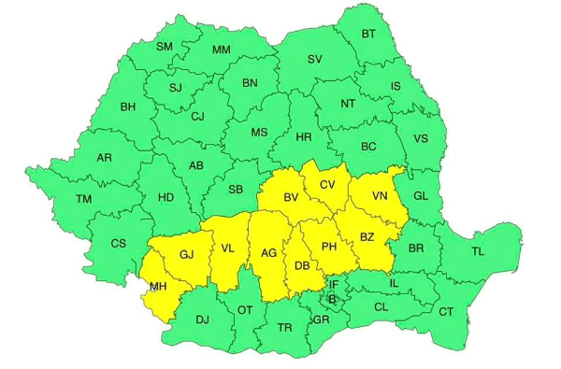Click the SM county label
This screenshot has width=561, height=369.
pyautogui.click(x=165, y=47)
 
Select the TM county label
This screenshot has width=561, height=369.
pyautogui.click(x=84, y=199)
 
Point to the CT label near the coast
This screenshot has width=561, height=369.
pyautogui.click(x=446, y=311)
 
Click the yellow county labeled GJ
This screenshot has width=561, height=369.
pyautogui.click(x=186, y=254)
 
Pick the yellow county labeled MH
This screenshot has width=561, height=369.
pyautogui.click(x=158, y=288)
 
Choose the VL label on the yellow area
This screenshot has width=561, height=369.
pyautogui.click(x=228, y=248)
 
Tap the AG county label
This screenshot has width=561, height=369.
pyautogui.click(x=268, y=253)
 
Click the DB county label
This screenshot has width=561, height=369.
pyautogui.click(x=302, y=266)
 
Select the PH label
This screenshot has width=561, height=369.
pyautogui.click(x=328, y=247)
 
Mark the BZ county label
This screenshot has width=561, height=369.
pyautogui.click(x=367, y=237)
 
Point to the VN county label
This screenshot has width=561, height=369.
pyautogui.click(x=379, y=196)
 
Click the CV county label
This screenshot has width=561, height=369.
pyautogui.click(x=326, y=185)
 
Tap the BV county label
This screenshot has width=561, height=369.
pyautogui.click(x=291, y=197)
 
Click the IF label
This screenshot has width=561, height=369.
pyautogui.click(x=333, y=284)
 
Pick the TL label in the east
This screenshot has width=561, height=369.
pyautogui.click(x=478, y=251)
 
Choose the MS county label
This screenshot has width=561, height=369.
pyautogui.click(x=259, y=133)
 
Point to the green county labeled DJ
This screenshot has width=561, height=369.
pyautogui.click(x=203, y=319)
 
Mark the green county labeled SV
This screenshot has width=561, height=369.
pyautogui.click(x=314, y=59)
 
